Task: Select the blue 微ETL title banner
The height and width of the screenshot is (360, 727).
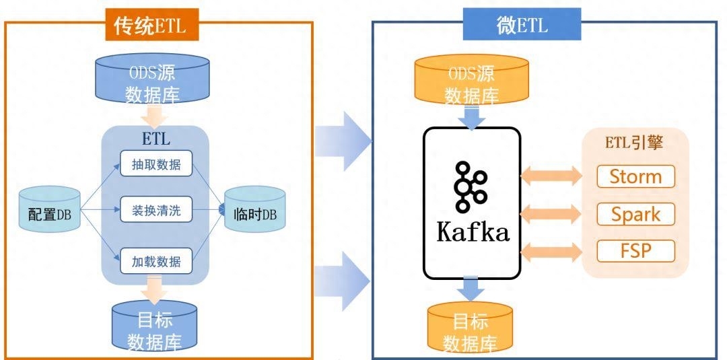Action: click(522, 26)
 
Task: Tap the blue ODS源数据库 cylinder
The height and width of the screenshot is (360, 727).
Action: click(153, 79)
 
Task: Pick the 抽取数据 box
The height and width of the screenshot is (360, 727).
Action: click(156, 164)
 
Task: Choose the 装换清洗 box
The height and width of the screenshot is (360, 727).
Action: click(156, 212)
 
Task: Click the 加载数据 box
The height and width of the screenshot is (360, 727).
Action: click(156, 261)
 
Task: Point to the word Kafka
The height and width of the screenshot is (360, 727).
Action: click(473, 232)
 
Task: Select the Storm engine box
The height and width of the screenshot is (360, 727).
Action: click(635, 177)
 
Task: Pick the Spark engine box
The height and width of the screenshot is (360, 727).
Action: click(635, 214)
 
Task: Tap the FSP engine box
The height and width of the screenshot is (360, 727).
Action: click(635, 251)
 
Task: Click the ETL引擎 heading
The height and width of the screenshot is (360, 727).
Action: click(635, 143)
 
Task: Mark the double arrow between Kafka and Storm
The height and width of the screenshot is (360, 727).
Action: click(551, 177)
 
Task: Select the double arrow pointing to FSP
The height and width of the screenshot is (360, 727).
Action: click(551, 252)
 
